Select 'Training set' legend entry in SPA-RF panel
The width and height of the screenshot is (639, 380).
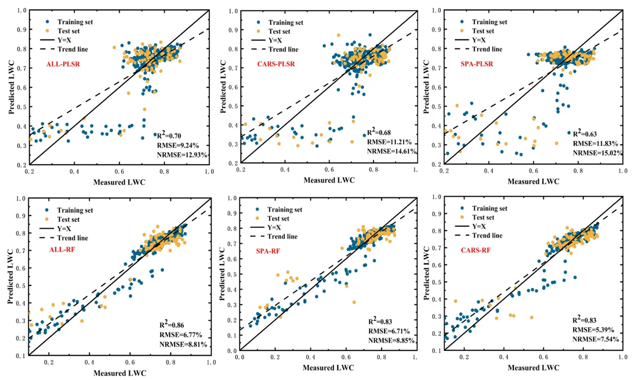[x=285, y=209]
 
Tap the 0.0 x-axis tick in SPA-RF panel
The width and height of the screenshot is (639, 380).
[x=240, y=357]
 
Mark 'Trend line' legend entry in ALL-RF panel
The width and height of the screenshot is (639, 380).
[x=73, y=238]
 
